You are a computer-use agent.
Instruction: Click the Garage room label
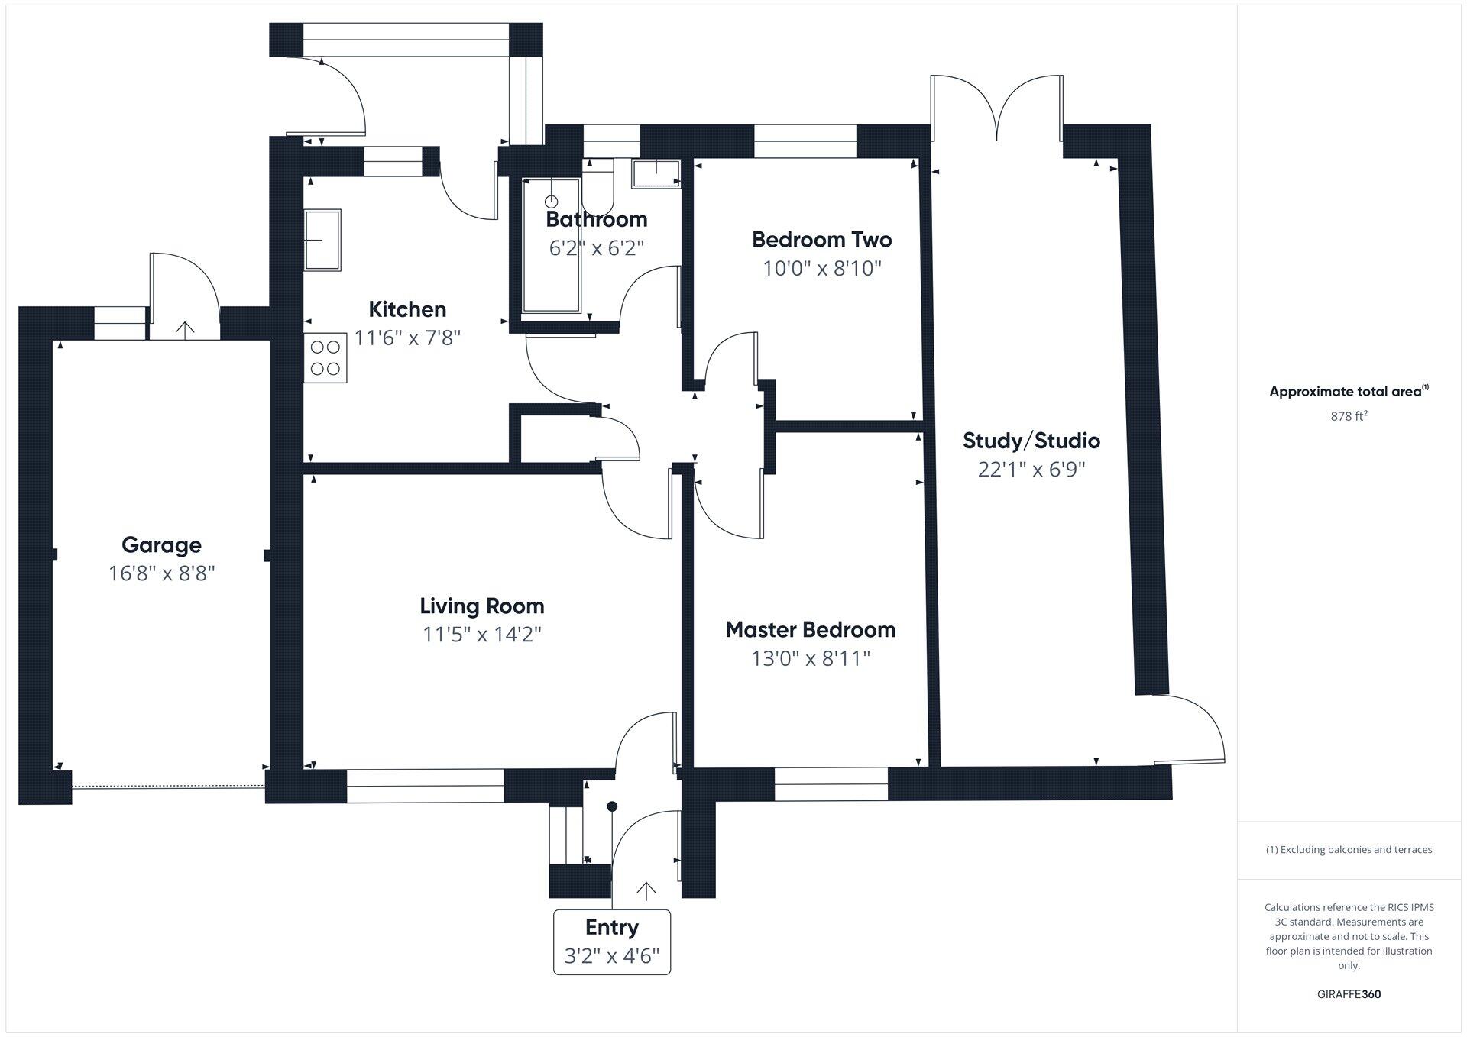tap(161, 544)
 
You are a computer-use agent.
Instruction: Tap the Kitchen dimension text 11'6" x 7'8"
tap(407, 338)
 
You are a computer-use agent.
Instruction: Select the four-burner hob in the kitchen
tap(325, 358)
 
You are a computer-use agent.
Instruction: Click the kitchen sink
tap(322, 240)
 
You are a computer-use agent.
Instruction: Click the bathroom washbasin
tap(656, 173)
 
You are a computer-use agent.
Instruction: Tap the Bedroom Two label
tap(821, 240)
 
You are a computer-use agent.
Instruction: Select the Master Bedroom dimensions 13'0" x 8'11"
tap(811, 658)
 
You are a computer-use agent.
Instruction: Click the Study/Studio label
tap(1031, 441)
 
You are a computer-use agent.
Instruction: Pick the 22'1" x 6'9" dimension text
tap(1031, 469)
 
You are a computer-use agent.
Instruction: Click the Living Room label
tap(481, 606)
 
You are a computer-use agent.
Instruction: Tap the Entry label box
tap(612, 942)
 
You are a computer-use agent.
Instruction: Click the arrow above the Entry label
tap(646, 890)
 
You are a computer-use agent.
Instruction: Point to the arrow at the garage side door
tap(185, 328)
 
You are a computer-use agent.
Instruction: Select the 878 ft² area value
tap(1349, 416)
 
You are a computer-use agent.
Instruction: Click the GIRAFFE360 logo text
tap(1349, 994)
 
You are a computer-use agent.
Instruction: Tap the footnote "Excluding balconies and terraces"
tap(1349, 849)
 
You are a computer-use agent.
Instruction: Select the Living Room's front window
tap(426, 786)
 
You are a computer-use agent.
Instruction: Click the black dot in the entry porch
tap(612, 806)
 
